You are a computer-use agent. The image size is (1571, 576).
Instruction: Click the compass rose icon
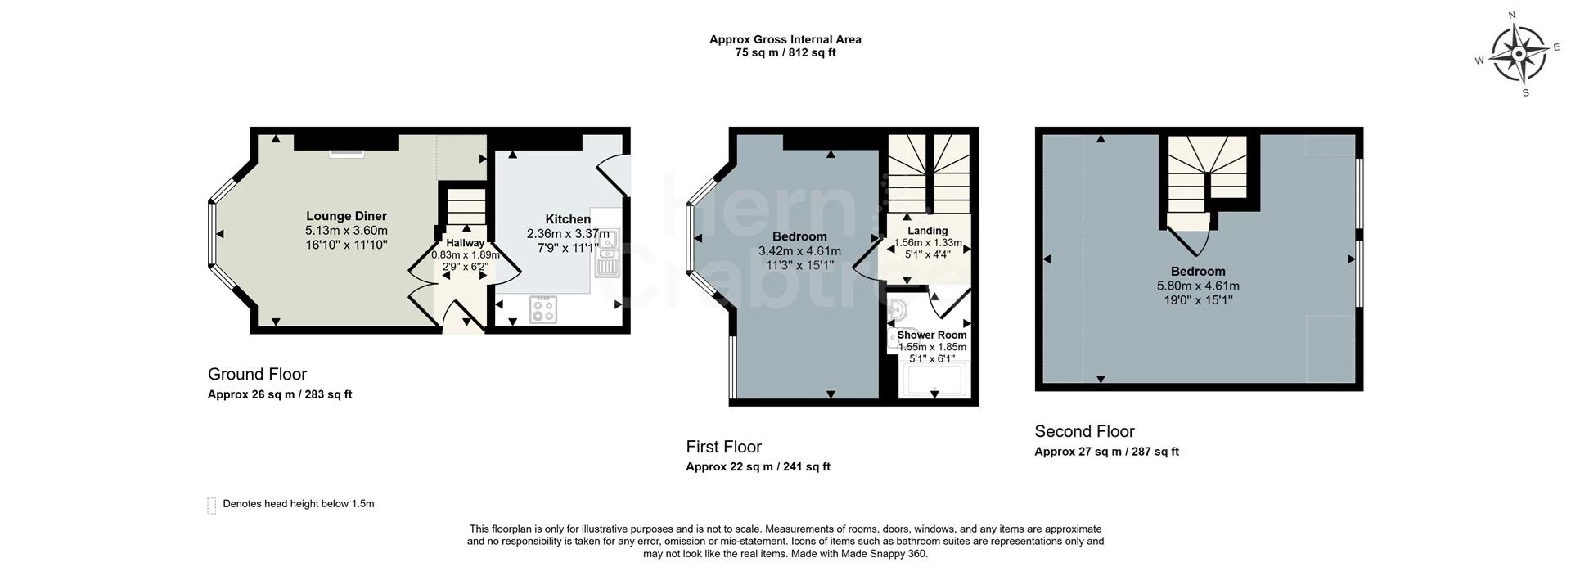[x=1519, y=54]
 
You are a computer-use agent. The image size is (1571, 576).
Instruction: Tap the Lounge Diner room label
[x=346, y=217]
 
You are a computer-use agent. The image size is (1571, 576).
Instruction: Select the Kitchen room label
[x=568, y=219]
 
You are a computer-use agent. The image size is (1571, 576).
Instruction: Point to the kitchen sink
[x=608, y=253]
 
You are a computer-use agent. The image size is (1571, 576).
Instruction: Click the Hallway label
[x=465, y=243]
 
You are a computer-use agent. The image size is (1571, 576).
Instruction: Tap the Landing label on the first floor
[x=927, y=231]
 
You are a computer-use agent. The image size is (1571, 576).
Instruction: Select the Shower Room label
[x=932, y=335]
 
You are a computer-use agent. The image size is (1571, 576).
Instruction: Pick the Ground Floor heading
[x=257, y=374]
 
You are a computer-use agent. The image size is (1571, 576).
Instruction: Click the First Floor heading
[x=723, y=447]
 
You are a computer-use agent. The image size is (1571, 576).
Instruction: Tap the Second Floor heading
[x=1084, y=431]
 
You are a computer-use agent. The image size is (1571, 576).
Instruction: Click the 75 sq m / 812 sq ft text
[x=785, y=52]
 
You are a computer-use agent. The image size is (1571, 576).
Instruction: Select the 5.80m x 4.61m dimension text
[x=1198, y=286]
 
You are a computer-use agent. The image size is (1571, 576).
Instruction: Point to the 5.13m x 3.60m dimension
[x=346, y=231]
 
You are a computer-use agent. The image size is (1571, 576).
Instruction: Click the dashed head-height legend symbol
[x=211, y=506]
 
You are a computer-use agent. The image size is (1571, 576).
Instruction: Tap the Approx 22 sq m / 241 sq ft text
[x=758, y=467]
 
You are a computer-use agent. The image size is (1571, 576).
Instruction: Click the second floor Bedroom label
[x=1198, y=272]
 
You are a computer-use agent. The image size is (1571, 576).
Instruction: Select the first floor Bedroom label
[x=799, y=237]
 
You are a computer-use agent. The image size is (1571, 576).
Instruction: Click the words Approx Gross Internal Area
[x=785, y=39]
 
